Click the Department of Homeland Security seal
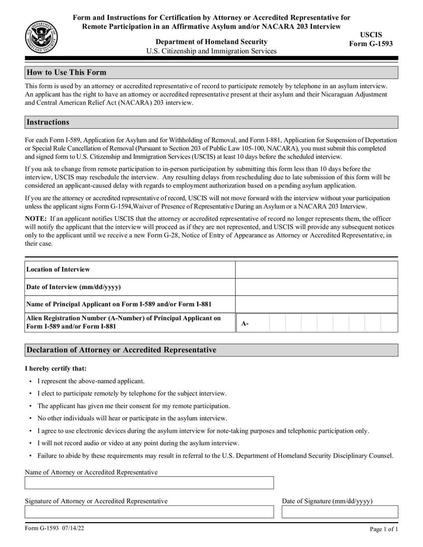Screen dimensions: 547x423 pos(42,38)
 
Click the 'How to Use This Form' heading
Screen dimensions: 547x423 pos(66,72)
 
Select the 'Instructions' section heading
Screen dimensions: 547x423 pos(48,122)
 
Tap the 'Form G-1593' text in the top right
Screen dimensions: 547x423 pos(371,44)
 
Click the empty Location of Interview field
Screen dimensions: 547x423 pos(316,270)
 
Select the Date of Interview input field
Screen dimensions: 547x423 pos(316,287)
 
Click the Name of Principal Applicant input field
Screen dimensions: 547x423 pos(316,304)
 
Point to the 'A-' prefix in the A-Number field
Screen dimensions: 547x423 pos(245,323)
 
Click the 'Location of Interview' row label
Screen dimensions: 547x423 pos(58,270)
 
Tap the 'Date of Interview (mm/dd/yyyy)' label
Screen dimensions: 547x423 pos(73,287)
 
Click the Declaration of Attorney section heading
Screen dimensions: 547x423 pos(121,350)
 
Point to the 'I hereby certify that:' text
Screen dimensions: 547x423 pos(56,368)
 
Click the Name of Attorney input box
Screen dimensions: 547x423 pos(149,483)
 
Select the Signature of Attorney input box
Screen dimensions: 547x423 pos(149,512)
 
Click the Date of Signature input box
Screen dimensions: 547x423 pos(339,512)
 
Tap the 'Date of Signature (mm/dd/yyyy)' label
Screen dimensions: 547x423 pos(327,500)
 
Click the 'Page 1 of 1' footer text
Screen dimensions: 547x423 pos(383,529)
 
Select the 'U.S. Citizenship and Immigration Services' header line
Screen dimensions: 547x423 pos(211,51)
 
